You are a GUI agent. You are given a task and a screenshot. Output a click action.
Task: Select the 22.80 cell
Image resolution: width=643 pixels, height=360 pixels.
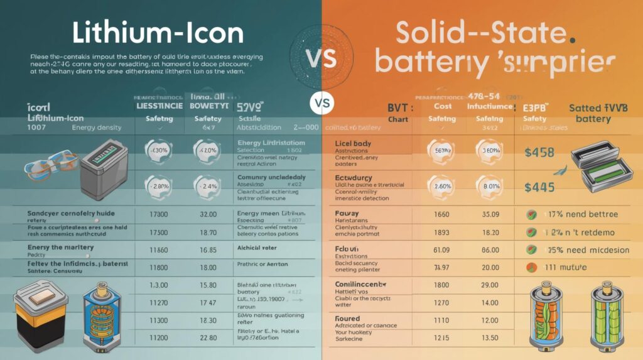point(207,338)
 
